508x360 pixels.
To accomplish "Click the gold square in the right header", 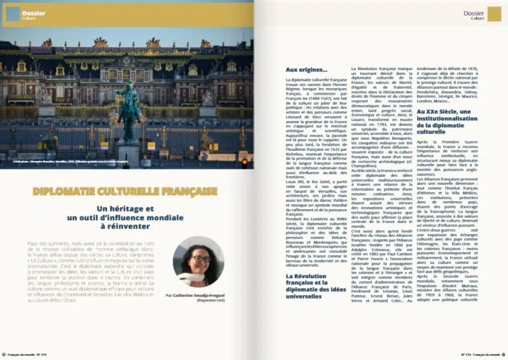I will (494, 14).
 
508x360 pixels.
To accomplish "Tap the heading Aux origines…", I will (306, 69).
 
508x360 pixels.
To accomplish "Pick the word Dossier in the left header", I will (34, 13).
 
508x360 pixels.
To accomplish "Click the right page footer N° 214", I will (470, 354).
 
